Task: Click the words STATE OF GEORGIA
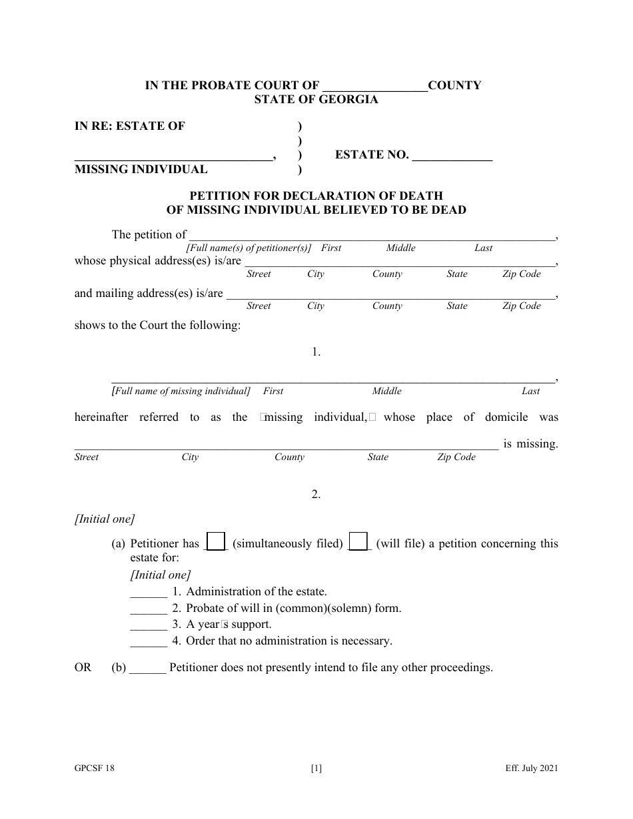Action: click(316, 100)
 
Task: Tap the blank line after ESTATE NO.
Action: click(452, 158)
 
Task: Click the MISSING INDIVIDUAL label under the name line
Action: click(141, 169)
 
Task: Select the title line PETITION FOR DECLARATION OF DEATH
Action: click(316, 196)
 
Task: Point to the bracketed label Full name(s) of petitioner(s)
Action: click(249, 248)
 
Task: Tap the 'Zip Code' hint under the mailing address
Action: click(521, 306)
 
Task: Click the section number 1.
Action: click(316, 353)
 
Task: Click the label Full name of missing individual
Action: click(181, 392)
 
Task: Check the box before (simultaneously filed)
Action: click(217, 542)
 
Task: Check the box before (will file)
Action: click(358, 542)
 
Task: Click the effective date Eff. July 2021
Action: click(531, 768)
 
